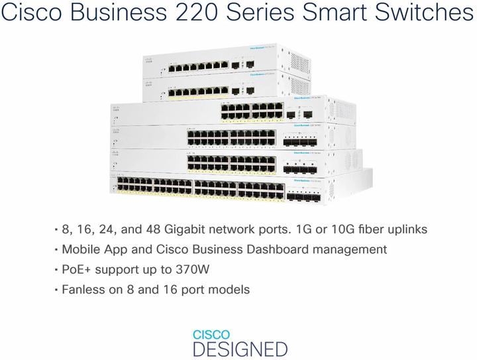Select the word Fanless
83,290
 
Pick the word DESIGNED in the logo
240,349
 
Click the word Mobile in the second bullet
81,250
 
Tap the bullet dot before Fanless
56,290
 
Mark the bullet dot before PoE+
56,270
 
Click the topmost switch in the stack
225,64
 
